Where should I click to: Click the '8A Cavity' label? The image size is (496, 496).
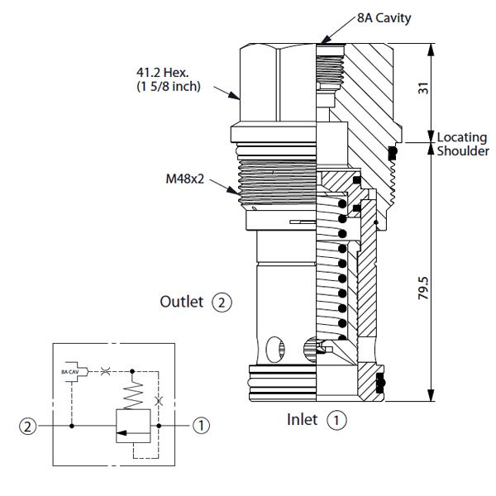(x=384, y=18)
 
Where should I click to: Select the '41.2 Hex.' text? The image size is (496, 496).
(x=163, y=73)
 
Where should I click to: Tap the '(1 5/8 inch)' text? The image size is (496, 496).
(x=169, y=86)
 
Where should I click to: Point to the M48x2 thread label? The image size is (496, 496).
(x=185, y=179)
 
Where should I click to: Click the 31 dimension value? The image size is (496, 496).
(x=423, y=88)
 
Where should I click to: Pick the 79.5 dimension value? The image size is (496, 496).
(x=423, y=288)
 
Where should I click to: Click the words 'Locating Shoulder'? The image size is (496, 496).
(x=463, y=144)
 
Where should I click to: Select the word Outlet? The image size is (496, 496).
(x=182, y=302)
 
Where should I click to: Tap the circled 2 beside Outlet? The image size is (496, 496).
(x=222, y=303)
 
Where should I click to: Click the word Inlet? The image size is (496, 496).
(x=302, y=420)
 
